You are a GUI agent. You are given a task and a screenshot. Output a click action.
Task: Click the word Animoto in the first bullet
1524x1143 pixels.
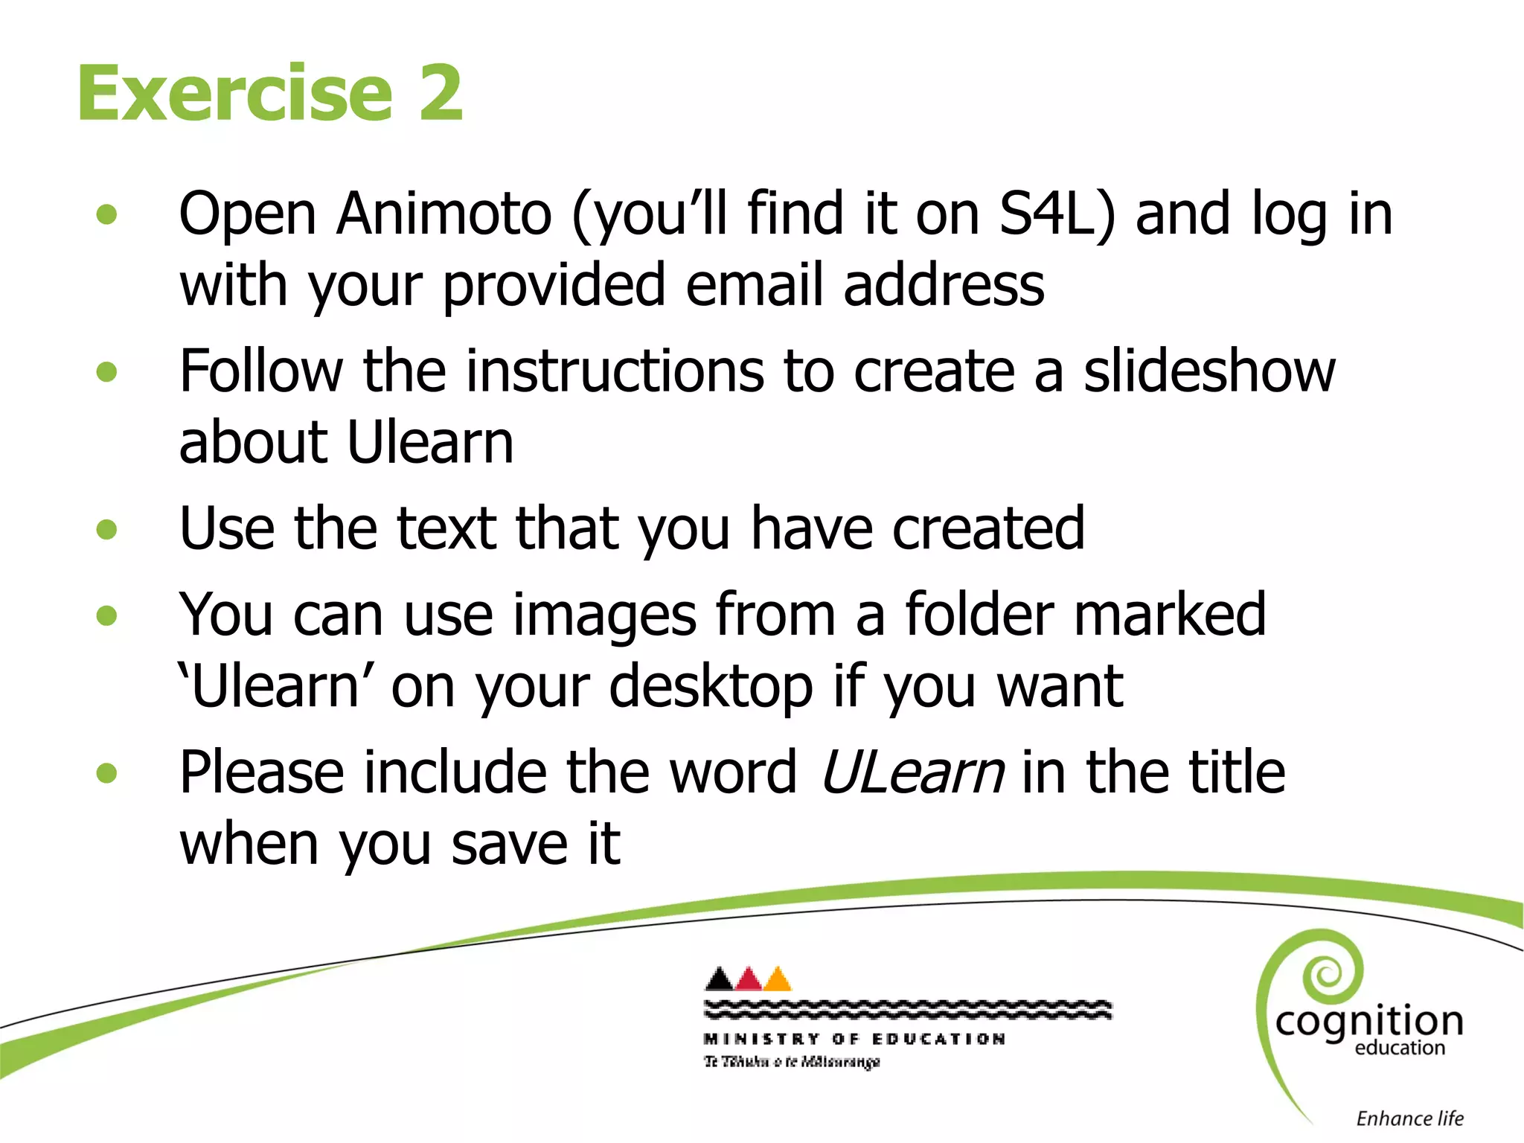click(444, 214)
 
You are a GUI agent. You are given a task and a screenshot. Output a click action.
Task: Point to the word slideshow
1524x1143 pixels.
click(1209, 371)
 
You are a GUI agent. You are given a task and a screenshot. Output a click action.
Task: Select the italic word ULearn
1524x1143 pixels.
click(912, 773)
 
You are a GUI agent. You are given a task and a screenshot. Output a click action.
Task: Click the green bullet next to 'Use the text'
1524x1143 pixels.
click(107, 530)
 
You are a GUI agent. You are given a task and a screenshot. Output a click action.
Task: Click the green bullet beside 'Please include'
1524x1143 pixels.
click(107, 773)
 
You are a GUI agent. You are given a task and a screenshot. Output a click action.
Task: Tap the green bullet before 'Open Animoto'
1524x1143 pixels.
click(107, 215)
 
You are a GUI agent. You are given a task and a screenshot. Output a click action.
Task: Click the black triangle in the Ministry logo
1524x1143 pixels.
click(719, 980)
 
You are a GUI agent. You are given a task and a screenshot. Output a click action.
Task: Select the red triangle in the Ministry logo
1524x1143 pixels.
click(749, 980)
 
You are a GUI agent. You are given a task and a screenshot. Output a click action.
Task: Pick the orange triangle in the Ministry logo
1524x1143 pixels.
click(778, 980)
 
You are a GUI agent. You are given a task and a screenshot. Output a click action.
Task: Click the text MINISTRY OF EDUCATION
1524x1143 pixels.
click(854, 1039)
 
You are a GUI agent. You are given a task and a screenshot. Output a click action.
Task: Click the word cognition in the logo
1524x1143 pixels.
click(1368, 1022)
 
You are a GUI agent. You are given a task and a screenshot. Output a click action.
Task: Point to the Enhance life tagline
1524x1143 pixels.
click(1409, 1118)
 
